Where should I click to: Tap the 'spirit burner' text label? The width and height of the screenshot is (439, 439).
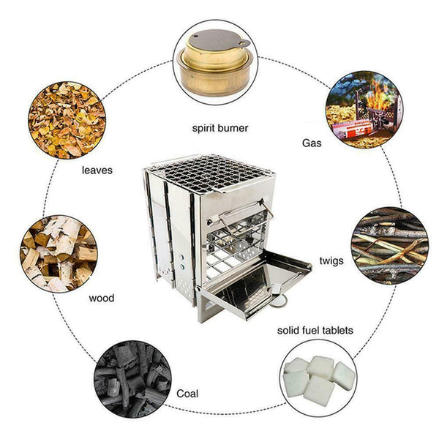[x=219, y=128]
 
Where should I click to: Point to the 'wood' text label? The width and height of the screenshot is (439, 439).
[x=101, y=299]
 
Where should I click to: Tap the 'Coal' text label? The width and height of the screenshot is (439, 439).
[x=187, y=393]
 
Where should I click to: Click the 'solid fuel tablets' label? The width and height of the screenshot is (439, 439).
[x=315, y=331]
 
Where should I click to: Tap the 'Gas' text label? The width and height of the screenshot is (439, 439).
[x=312, y=143]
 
